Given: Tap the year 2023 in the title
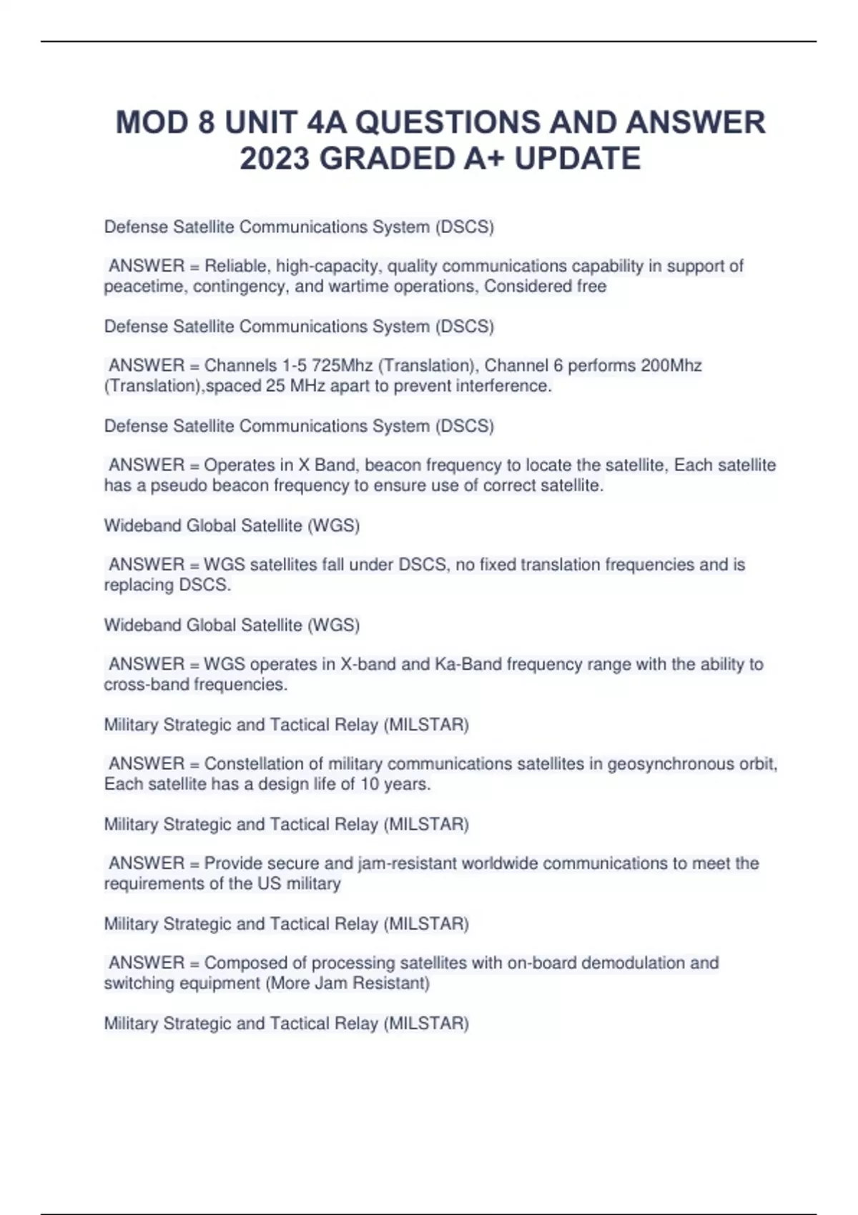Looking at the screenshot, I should coord(275,159).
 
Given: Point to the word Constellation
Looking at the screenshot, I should coord(254,763).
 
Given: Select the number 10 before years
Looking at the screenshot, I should coord(370,784).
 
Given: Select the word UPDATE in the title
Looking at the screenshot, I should coord(578,159).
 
